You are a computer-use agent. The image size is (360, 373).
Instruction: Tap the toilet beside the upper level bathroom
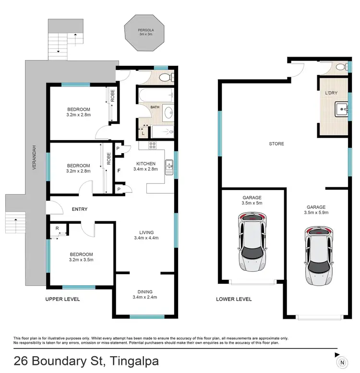[x=166, y=77]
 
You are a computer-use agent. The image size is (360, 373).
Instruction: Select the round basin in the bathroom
[x=168, y=113]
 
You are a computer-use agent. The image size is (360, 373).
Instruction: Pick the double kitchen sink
[x=168, y=166]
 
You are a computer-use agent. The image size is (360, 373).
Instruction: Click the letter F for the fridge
[x=118, y=169]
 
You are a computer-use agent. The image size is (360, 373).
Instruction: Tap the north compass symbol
[x=342, y=361]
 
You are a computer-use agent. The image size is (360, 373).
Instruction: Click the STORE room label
[x=276, y=144]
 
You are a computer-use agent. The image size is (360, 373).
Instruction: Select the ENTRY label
[x=79, y=209]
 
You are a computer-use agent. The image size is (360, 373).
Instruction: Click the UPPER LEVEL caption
[x=62, y=299]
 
